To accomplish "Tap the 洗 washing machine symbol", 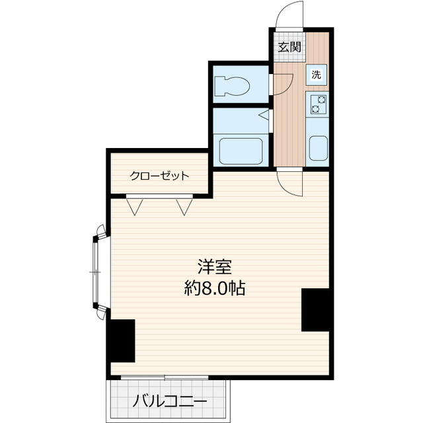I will tap(317, 75).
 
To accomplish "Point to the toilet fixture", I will tap(232, 86).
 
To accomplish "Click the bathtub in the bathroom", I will tap(241, 151).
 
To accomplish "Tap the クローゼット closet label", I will tap(159, 176).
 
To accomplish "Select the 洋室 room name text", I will tap(214, 267).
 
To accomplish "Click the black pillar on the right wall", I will tap(315, 309).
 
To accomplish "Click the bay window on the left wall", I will tap(97, 271).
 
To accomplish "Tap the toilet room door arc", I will tap(283, 83).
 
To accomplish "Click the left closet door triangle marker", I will tap(136, 207).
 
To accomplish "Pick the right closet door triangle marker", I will tap(184, 207).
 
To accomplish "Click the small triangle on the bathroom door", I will tap(264, 117).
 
